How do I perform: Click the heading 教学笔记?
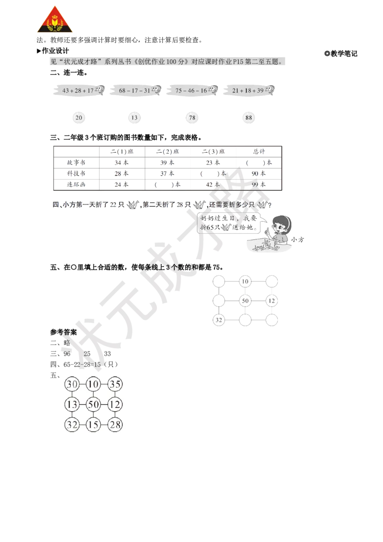(x=341, y=54)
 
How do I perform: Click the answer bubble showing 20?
(x=79, y=118)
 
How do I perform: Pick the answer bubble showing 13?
(x=135, y=118)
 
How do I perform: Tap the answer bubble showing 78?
(x=192, y=118)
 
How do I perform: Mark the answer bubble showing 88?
(x=248, y=118)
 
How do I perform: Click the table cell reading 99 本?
(x=259, y=184)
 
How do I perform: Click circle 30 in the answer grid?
(x=73, y=384)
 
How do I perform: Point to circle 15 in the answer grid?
(x=94, y=425)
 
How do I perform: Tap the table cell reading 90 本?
(x=259, y=173)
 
